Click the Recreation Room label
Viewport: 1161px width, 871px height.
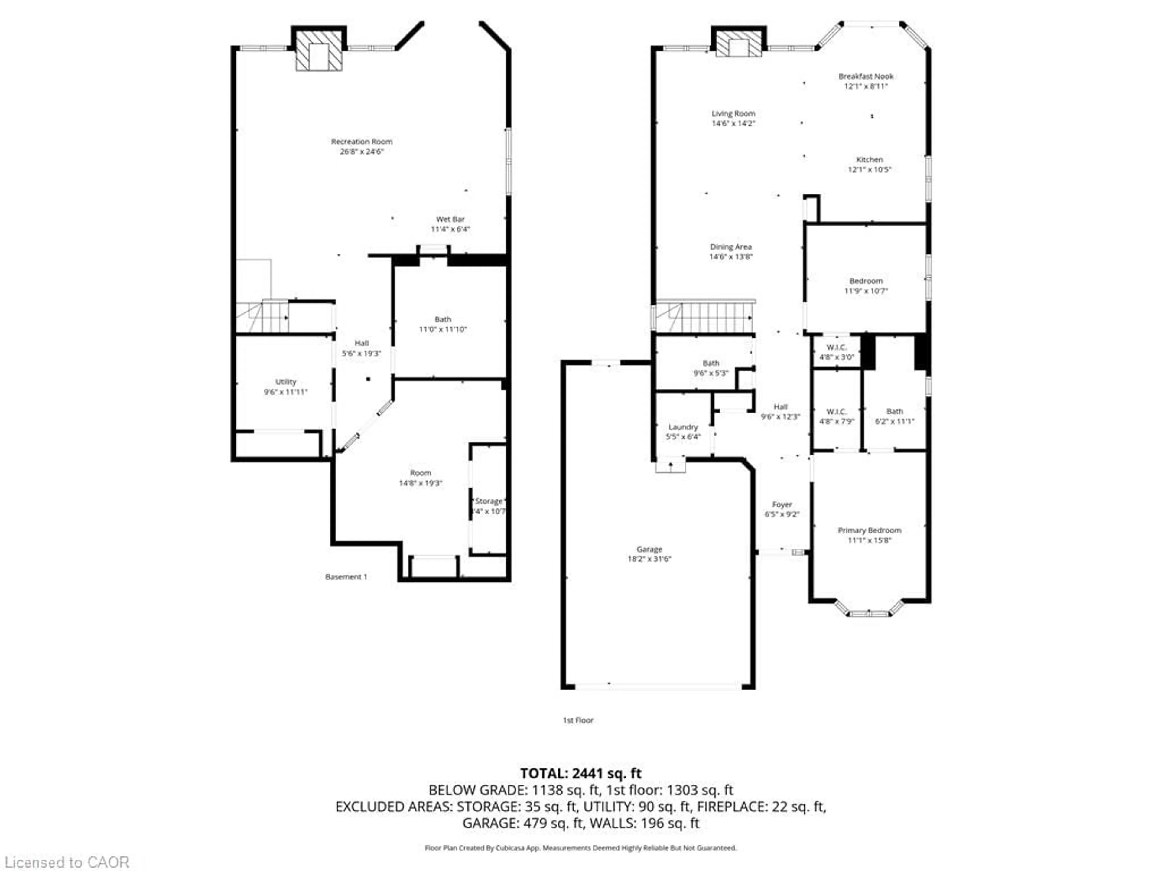tap(362, 141)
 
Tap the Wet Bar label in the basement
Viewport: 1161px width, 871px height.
tap(450, 219)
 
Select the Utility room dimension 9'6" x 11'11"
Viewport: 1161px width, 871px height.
tap(285, 392)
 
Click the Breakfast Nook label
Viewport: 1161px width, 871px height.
tap(866, 76)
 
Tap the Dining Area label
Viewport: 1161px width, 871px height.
tap(730, 246)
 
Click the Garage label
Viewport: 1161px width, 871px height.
tap(649, 549)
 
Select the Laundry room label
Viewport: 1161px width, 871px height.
tap(683, 427)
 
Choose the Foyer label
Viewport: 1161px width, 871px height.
tap(782, 504)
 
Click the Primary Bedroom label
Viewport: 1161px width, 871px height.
tap(869, 530)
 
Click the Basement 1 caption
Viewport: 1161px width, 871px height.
tap(346, 576)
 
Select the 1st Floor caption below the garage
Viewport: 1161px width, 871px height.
tap(578, 720)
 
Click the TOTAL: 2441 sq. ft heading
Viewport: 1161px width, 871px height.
tap(580, 773)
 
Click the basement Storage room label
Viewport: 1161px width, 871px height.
tap(489, 501)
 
